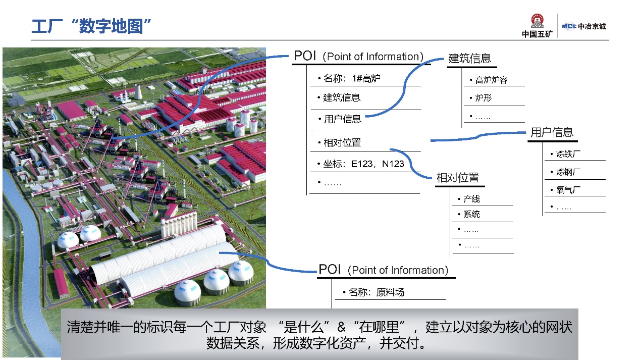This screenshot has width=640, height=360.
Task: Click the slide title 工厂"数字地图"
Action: coord(91,26)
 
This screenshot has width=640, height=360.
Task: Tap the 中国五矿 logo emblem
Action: coord(537,21)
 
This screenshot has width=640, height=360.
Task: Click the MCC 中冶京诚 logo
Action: coord(583,26)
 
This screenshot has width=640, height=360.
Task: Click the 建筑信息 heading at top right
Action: coord(470,59)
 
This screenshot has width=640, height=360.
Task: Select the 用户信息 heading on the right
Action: coord(552,132)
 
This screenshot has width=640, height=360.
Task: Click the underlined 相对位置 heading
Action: coord(458,178)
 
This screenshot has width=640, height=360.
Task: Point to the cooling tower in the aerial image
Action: coord(138,91)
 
